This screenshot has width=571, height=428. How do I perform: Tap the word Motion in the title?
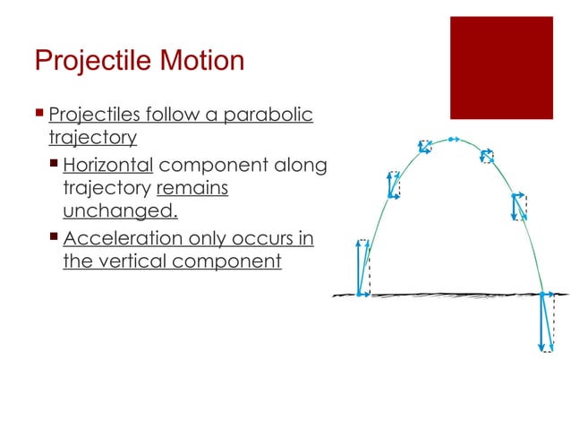pos(199,61)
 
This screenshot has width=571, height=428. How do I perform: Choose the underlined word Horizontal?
pos(108,166)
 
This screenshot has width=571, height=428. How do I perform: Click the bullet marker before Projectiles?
pos(39,115)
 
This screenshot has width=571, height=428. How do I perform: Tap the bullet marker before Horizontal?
pos(55,165)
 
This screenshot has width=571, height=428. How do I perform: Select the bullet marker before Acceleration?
pos(55,237)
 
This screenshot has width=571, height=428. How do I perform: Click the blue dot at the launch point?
pos(360,293)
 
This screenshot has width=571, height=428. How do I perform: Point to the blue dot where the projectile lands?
pos(543,293)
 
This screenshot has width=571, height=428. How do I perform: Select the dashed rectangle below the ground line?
pos(549,322)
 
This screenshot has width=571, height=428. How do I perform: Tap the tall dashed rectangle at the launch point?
pos(363,267)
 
